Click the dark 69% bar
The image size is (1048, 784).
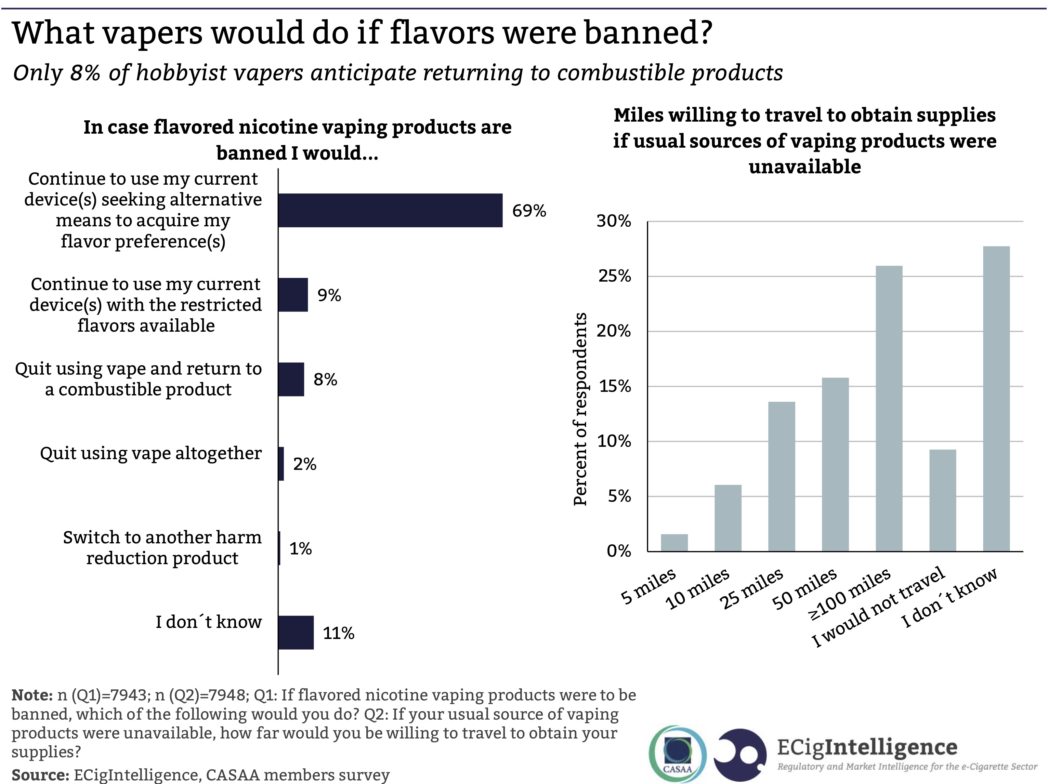click(x=390, y=210)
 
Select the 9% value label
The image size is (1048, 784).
click(x=329, y=295)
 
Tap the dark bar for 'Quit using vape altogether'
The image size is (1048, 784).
click(x=281, y=464)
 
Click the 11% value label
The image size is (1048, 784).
click(x=338, y=633)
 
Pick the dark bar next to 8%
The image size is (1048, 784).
click(x=291, y=379)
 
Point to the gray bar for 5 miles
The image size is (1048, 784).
click(x=674, y=542)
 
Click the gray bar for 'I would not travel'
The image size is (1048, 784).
click(x=942, y=500)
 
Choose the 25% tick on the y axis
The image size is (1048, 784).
click(x=614, y=276)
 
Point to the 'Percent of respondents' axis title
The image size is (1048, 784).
click(x=580, y=409)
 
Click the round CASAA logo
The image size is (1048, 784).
click(x=677, y=754)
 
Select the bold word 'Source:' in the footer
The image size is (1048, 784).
click(x=40, y=775)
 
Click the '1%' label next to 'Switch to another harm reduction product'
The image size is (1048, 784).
click(x=300, y=549)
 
